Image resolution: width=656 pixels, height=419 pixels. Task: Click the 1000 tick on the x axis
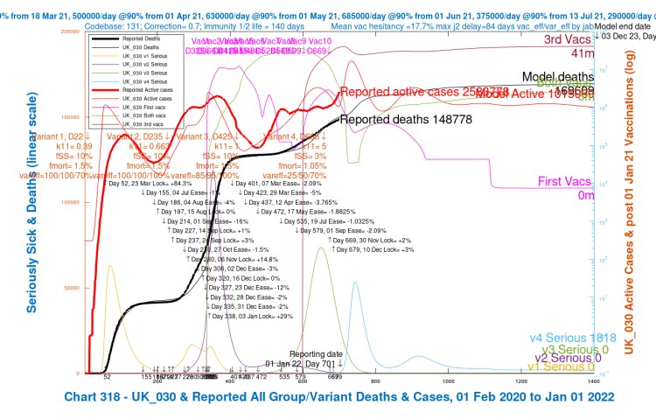(450, 382)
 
